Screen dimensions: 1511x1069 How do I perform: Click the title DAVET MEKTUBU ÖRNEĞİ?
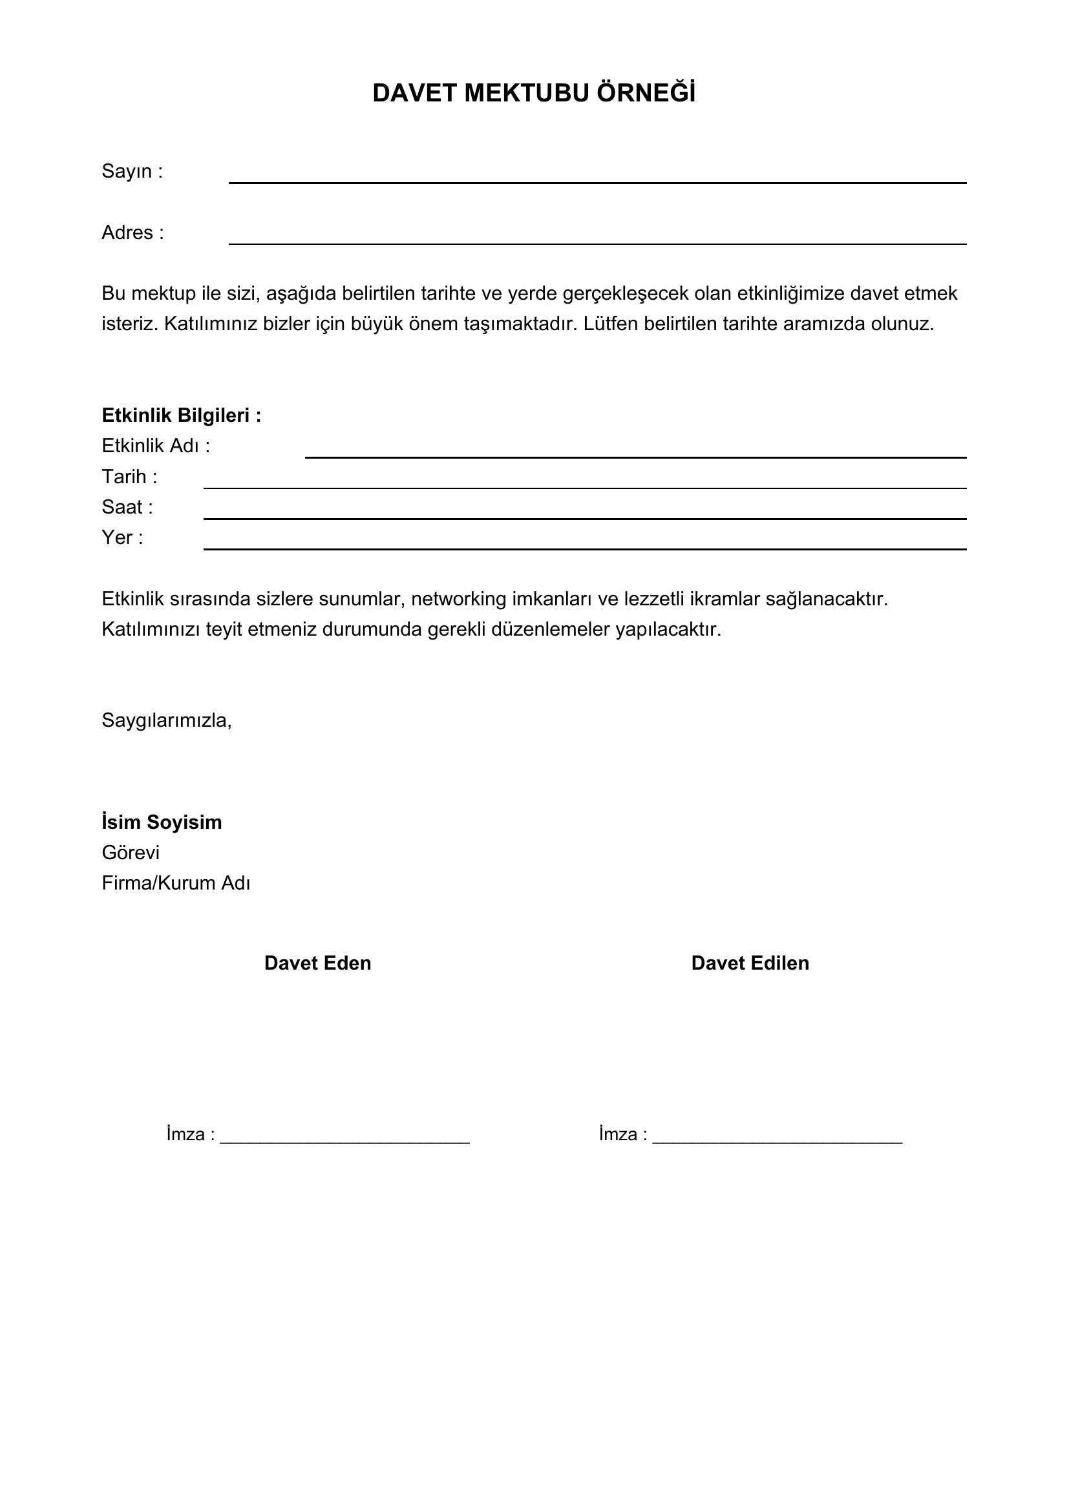[x=534, y=94]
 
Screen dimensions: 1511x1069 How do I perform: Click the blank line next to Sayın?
[x=597, y=181]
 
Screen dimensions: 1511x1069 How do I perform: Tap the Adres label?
[x=132, y=233]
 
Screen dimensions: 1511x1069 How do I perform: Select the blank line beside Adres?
[x=597, y=242]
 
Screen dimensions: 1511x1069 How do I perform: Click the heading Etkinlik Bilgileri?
[x=181, y=415]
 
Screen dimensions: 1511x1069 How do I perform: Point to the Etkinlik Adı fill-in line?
[x=635, y=455]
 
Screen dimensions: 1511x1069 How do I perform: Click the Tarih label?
[x=129, y=477]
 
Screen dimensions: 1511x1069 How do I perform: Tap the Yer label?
[x=122, y=537]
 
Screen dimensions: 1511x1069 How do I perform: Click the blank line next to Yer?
[x=584, y=547]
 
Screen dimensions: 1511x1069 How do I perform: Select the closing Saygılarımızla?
[x=167, y=721]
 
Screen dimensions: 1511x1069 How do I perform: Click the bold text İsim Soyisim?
[x=162, y=822]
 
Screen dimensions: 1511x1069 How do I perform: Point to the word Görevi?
[x=131, y=853]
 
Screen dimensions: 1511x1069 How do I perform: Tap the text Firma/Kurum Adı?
[x=176, y=883]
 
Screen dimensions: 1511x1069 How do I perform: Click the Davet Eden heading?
[x=317, y=963]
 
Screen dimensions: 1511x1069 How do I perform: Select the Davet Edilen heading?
[x=750, y=963]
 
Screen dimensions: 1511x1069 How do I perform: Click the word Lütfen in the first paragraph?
[x=609, y=324]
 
